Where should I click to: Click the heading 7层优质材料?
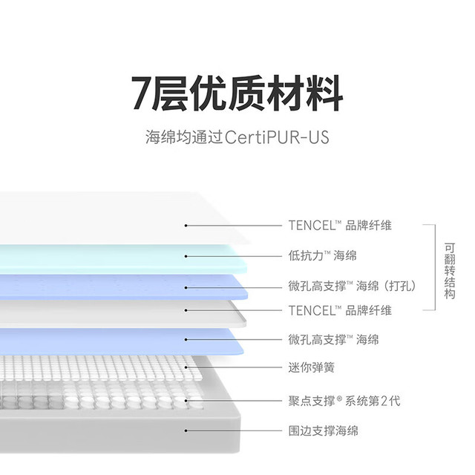coord(237,93)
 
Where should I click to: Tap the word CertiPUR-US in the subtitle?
coord(277,137)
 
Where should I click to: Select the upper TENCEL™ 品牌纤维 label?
coord(340,226)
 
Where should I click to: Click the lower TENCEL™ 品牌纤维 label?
coord(340,310)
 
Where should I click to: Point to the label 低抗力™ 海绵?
coord(322,255)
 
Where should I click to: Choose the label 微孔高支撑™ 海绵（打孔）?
coord(353,286)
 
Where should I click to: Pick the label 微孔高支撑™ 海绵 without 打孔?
coord(333,339)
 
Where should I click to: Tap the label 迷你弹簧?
coord(312,367)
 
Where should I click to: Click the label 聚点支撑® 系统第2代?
coord(344,401)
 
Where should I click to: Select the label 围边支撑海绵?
coord(324,430)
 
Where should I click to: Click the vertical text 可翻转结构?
coord(450,270)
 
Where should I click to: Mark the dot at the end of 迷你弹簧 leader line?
coord(186,367)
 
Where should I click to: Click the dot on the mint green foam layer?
coord(186,256)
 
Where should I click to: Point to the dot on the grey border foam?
coord(186,430)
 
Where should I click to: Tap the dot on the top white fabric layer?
coord(186,226)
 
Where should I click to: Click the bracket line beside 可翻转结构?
coord(436,267)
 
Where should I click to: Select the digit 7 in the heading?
coord(142,94)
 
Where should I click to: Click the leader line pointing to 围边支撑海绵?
coord(234,430)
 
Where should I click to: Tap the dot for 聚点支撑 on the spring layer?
coord(186,401)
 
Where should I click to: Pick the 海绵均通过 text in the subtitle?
coord(184,137)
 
